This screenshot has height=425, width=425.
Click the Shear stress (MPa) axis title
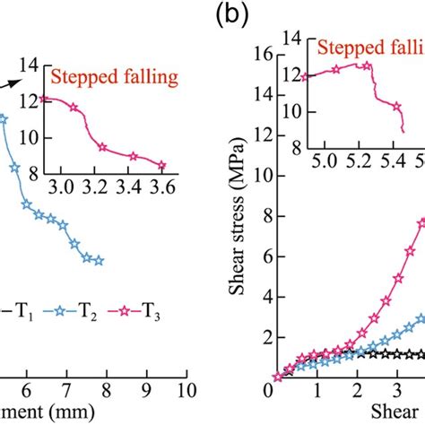(239, 216)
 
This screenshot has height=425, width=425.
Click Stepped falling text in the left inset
(110, 77)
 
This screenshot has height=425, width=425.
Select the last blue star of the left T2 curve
(99, 261)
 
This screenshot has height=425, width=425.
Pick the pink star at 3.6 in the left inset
(162, 165)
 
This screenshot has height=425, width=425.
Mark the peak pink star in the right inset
(367, 65)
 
